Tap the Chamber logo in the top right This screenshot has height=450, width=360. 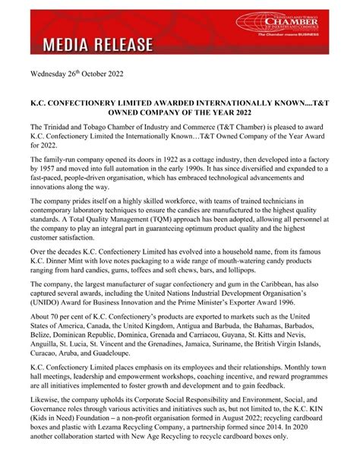(296, 25)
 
